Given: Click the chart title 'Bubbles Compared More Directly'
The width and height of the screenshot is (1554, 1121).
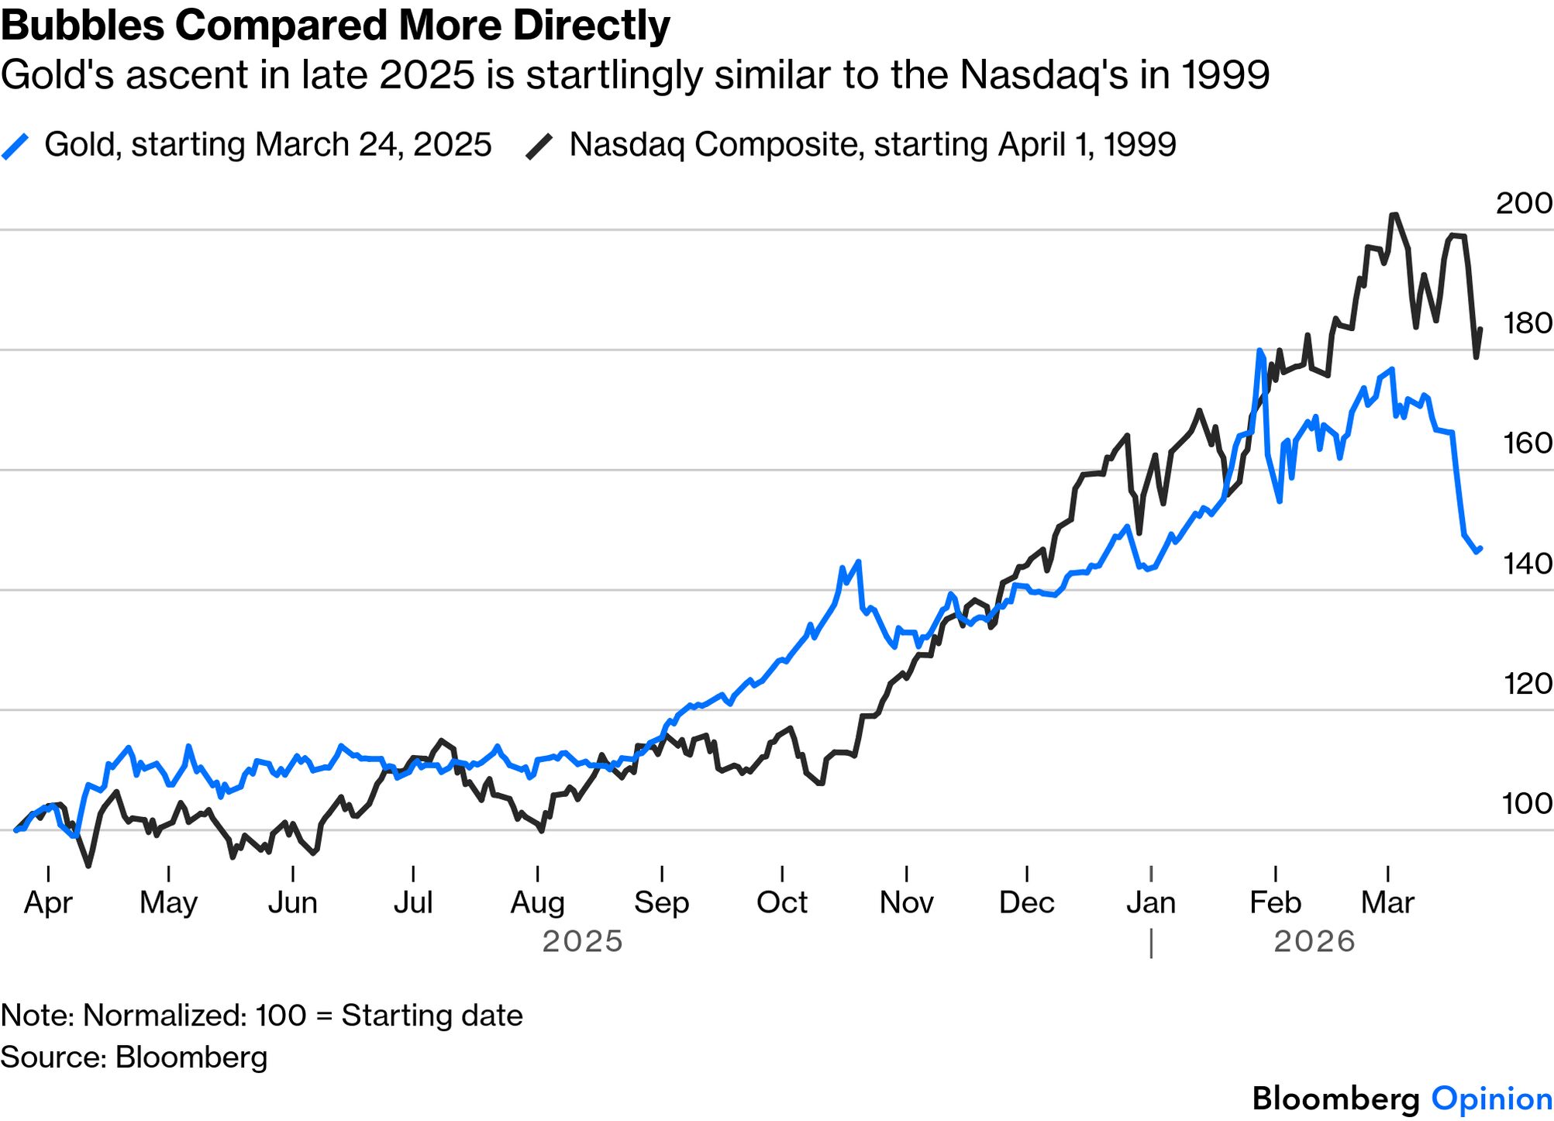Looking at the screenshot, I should click(x=335, y=26).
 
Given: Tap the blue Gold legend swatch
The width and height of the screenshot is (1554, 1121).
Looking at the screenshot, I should click(x=16, y=146).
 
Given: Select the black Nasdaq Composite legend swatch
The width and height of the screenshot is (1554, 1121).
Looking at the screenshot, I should click(x=539, y=146).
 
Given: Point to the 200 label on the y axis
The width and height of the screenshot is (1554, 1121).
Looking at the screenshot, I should click(x=1523, y=203).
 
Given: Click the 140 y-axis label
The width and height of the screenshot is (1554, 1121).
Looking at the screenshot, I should click(x=1527, y=564).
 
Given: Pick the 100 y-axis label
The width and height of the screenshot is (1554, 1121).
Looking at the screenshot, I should click(x=1527, y=804).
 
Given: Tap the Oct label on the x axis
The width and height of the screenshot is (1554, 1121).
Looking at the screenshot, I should click(x=781, y=903).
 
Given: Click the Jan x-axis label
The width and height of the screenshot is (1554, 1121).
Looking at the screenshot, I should click(x=1151, y=903).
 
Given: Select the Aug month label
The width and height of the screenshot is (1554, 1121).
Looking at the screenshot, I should click(x=537, y=903).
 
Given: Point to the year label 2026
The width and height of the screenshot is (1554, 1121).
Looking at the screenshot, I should click(x=1315, y=942).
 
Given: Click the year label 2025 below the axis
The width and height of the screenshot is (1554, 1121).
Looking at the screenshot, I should click(x=582, y=942).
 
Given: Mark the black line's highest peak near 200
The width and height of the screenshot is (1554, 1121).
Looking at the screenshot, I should click(x=1394, y=215).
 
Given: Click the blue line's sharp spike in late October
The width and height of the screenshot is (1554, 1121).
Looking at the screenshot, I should click(x=858, y=562).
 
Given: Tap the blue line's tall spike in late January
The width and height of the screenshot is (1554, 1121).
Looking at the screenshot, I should click(x=1259, y=350).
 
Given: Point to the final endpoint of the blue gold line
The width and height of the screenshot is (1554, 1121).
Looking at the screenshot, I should click(x=1480, y=548).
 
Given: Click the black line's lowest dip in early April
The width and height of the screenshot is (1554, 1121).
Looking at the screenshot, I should click(x=88, y=865).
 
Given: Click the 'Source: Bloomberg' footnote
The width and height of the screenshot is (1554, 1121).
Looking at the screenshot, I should click(x=134, y=1057).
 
